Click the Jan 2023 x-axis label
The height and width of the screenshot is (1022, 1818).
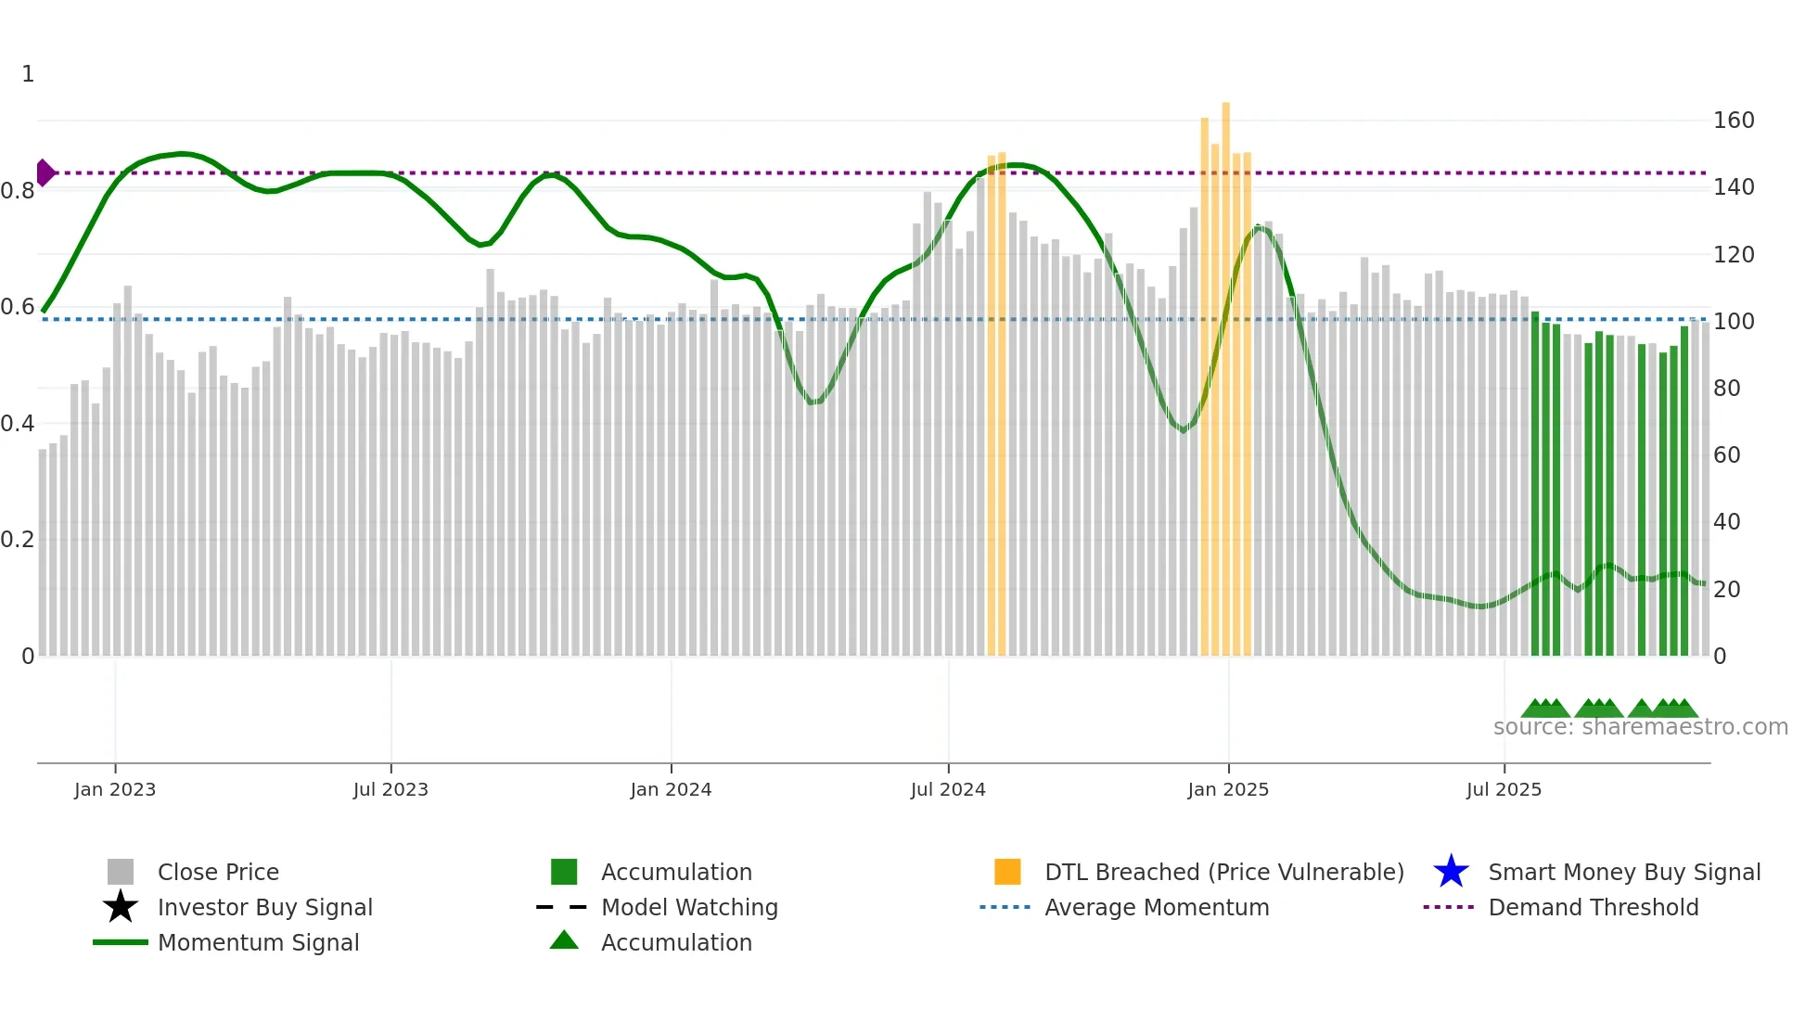tap(115, 789)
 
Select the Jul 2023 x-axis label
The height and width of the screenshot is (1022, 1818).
tap(390, 789)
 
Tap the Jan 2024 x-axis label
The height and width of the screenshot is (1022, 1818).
tap(671, 789)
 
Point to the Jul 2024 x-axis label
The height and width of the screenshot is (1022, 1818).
tap(948, 789)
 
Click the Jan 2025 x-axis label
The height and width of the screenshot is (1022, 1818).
tap(1228, 789)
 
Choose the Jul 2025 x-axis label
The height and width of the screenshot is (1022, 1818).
tap(1504, 789)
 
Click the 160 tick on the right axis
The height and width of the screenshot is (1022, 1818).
tap(1734, 121)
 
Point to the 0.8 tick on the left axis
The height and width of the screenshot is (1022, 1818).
tap(18, 191)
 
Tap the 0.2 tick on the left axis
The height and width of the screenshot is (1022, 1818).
tap(18, 540)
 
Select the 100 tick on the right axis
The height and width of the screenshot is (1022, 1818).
tap(1734, 322)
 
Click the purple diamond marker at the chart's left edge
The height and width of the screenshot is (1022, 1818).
tap(45, 172)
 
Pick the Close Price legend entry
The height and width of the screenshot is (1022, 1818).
tap(218, 872)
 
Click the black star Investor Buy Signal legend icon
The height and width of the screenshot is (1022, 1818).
tap(121, 907)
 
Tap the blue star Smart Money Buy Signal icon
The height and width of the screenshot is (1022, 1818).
tap(1451, 872)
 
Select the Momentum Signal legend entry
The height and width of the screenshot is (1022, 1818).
tap(258, 942)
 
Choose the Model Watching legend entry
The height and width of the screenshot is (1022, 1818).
tap(689, 907)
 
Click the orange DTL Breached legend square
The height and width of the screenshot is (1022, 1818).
tap(1007, 872)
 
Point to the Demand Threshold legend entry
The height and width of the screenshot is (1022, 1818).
tap(1593, 907)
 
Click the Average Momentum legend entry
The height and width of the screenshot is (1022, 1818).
tap(1157, 907)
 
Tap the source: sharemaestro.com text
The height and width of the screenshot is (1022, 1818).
tap(1640, 727)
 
